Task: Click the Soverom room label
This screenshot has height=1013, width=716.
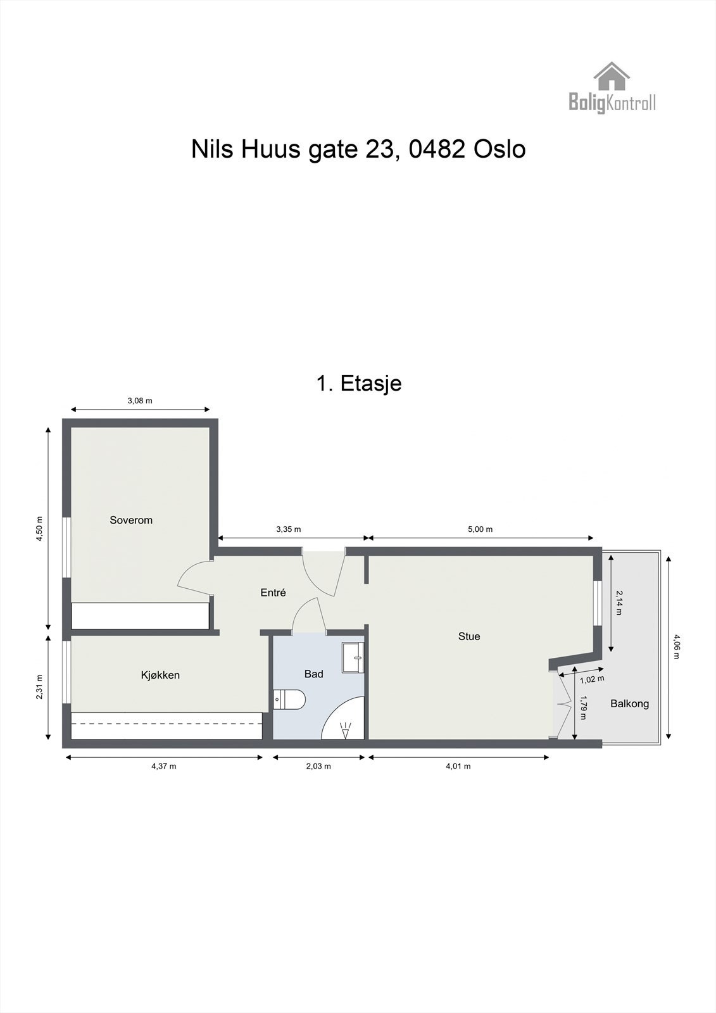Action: coord(131,520)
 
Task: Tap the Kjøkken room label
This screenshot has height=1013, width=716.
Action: coord(160,675)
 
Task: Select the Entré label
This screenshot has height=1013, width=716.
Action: coord(273,593)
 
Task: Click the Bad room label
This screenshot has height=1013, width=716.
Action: coord(314,674)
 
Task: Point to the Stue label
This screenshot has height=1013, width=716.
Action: coord(469,636)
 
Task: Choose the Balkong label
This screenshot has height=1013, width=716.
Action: coord(629,703)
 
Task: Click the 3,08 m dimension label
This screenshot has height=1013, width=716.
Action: coord(140,401)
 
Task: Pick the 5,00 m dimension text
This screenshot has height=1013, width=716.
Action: coord(480,529)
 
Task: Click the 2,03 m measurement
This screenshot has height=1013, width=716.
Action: coord(318,766)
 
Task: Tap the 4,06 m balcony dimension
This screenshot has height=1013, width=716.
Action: coord(677,646)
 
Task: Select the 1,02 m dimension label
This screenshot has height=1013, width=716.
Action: coord(592,679)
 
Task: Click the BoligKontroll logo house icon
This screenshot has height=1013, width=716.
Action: coord(612,76)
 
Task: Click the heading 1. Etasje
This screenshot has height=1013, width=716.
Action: coord(358,383)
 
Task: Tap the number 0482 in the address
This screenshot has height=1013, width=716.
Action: coord(436,149)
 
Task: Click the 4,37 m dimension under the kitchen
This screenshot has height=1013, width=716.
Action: coord(163,766)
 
